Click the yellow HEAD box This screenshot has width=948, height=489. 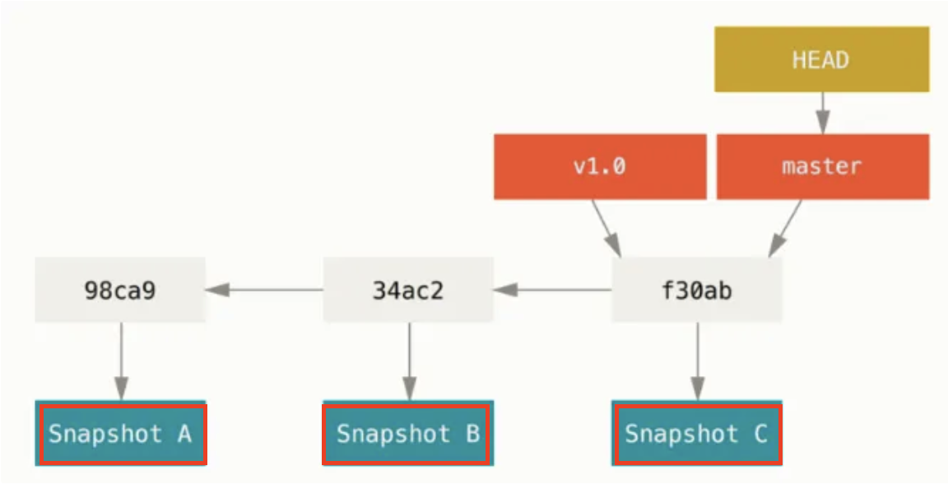click(x=821, y=59)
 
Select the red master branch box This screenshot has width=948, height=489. click(x=823, y=166)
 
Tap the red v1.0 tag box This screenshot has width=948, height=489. click(x=600, y=166)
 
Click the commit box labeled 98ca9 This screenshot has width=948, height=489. click(x=120, y=290)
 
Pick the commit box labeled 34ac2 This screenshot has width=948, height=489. click(x=408, y=290)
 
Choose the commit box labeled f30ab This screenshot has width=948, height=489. click(x=696, y=290)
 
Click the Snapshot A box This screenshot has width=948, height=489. click(x=121, y=433)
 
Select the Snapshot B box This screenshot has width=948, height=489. click(x=408, y=433)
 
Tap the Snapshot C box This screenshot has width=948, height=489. click(x=696, y=433)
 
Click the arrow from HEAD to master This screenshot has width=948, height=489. click(x=822, y=113)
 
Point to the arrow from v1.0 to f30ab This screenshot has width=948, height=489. click(x=606, y=228)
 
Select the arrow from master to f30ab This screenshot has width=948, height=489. click(x=785, y=228)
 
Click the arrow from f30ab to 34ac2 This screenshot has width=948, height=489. click(x=553, y=290)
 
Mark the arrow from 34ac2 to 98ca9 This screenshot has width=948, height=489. click(x=264, y=290)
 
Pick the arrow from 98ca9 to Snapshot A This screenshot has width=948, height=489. click(x=121, y=361)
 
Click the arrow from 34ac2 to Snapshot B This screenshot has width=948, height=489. click(x=409, y=361)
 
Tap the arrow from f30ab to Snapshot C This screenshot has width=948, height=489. click(x=698, y=361)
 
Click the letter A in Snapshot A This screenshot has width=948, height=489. click(x=184, y=433)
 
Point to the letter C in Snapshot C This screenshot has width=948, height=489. click(x=760, y=433)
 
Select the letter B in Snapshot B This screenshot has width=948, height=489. click(x=473, y=433)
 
